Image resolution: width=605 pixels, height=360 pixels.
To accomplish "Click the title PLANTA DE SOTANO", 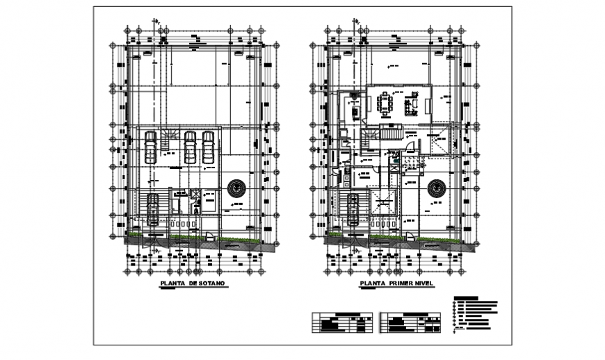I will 191,284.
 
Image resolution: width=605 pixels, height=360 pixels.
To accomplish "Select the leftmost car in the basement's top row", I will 150,147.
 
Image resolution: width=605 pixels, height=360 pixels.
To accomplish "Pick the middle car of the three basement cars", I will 190,147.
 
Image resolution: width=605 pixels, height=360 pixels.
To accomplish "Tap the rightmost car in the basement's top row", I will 207,147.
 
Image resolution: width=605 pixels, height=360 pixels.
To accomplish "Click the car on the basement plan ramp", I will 152,208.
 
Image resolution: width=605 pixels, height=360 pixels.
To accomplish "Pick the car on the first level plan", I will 353,208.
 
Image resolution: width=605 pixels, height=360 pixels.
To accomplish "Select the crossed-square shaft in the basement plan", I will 195,194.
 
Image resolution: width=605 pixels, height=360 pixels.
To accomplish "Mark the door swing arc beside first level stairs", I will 411,148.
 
